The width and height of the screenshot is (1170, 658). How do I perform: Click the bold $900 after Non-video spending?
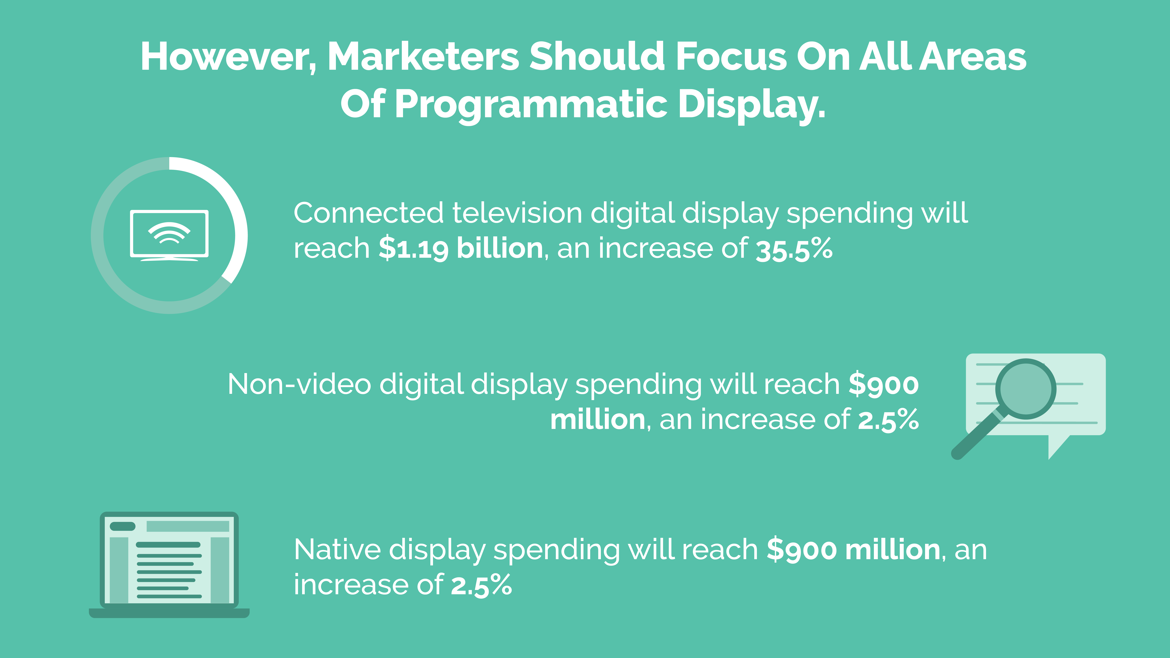tap(883, 384)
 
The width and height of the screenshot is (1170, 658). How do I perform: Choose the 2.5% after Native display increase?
tap(481, 585)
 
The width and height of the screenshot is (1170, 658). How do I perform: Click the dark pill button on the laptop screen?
tap(123, 526)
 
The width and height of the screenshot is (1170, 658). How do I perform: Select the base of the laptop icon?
tap(169, 613)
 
